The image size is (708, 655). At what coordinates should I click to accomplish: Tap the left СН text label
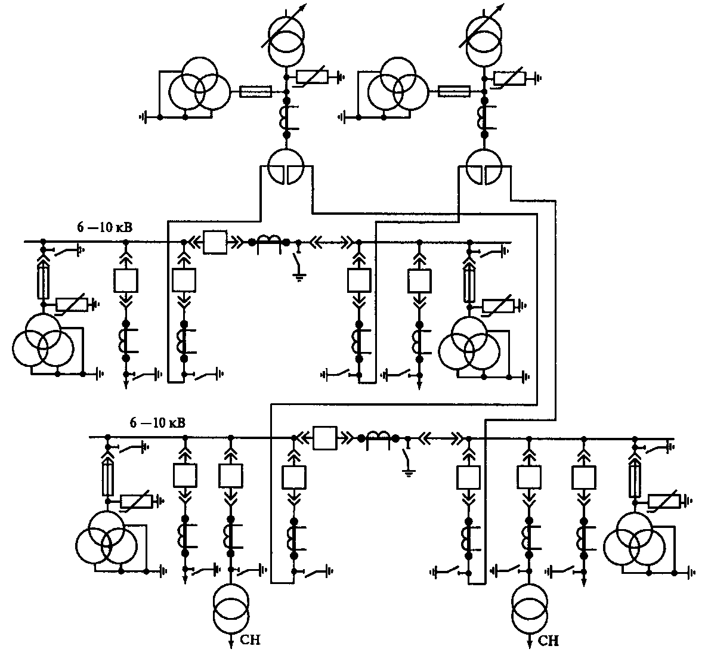pos(250,641)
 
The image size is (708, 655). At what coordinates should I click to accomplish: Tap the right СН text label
pos(549,641)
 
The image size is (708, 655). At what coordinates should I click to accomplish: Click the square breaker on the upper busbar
pos(214,242)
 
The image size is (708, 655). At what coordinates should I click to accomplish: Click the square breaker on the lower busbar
pos(325,438)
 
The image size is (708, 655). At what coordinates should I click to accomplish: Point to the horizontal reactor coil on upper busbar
pos(269,240)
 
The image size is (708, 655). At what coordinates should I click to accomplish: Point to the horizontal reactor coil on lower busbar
pos(379,436)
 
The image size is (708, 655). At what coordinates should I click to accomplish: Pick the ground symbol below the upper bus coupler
pos(296,276)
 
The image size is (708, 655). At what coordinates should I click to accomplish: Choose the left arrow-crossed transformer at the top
pos(285,40)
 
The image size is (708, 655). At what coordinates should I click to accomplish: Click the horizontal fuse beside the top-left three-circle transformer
pos(255,91)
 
